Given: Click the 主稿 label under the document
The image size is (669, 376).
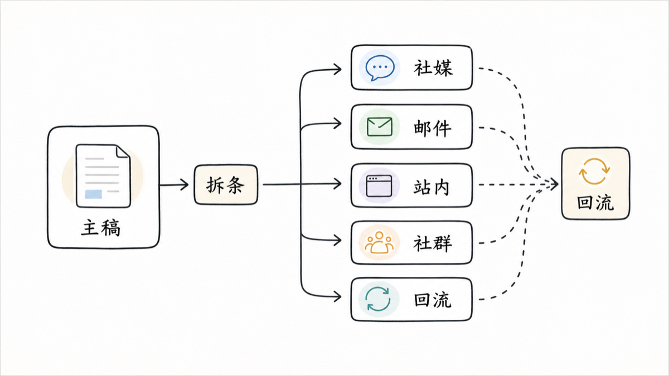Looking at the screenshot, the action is pos(101,228).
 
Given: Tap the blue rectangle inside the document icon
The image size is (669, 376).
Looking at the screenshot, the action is pos(94,194).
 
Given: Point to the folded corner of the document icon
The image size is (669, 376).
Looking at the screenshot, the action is pos(123,152).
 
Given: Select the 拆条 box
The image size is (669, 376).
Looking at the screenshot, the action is pos(226,185).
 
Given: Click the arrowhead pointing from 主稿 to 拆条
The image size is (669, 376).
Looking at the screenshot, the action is pos(183,185).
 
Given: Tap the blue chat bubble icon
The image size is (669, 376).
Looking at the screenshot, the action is pos(380,68).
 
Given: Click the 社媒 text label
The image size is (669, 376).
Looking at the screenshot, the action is pos(433,68).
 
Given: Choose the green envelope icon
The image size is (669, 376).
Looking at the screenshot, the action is pos(380,127).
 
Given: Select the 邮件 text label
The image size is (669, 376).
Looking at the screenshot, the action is pos(433,128).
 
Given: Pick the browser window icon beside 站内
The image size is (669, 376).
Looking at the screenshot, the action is pos(379,186).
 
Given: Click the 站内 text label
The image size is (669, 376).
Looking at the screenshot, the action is pos(432,187).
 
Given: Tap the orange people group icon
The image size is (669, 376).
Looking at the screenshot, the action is pos(379,243).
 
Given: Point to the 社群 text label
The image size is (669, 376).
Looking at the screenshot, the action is pos(433,243).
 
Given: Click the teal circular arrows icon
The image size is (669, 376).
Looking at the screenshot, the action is pos(378,299).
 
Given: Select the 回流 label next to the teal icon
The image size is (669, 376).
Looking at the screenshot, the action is pos(433,300).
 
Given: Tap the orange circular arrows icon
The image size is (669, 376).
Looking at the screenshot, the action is pos(594,172).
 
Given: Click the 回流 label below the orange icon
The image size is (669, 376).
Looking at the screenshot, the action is pos(595,203).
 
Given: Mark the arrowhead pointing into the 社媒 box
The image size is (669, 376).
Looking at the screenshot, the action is pos(337,69).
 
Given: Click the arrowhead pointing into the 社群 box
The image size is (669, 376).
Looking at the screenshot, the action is pos(337,240).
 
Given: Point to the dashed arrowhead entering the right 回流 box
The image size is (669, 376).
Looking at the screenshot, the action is pos(554,184).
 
